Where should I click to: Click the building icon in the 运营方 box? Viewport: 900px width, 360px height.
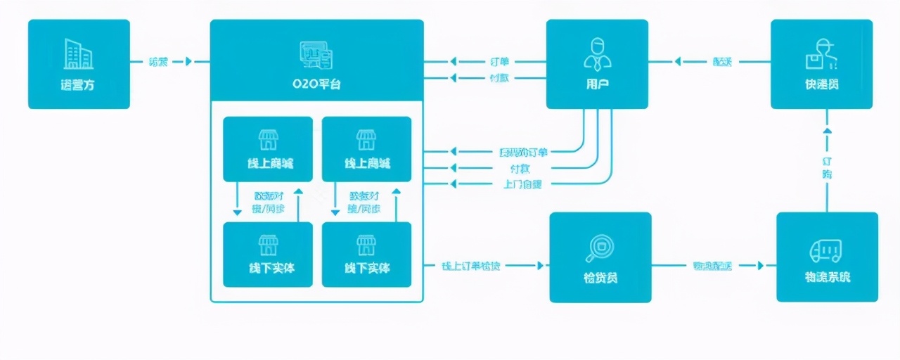tap(79, 54)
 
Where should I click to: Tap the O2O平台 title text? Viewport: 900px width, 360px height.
tap(316, 84)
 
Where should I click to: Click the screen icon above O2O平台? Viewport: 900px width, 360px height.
tap(316, 55)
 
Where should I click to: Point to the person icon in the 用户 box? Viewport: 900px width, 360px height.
tap(597, 54)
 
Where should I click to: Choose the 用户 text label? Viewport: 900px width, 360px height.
tap(597, 85)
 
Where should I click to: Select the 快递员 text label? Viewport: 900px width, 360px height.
tap(822, 85)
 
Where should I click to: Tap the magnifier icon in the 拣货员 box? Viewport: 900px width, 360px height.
tap(600, 247)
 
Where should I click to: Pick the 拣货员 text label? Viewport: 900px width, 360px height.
tap(600, 278)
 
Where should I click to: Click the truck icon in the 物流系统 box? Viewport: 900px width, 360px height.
tap(827, 249)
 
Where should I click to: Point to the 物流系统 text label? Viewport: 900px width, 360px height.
tap(827, 278)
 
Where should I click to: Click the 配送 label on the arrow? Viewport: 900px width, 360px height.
tap(722, 62)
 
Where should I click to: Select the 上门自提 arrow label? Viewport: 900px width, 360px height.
tap(522, 184)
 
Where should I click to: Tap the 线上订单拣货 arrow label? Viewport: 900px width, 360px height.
tap(471, 266)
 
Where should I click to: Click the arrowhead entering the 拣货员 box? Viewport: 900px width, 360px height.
tap(540, 266)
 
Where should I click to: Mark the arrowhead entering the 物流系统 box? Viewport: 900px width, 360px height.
tap(761, 266)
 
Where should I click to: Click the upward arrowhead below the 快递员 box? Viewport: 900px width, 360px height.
tap(827, 130)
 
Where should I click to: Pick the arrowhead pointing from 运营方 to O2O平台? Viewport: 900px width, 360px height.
tap(188, 62)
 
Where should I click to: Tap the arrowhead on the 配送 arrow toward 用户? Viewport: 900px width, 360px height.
tap(678, 62)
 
